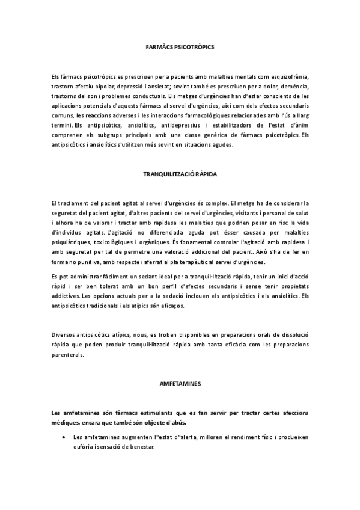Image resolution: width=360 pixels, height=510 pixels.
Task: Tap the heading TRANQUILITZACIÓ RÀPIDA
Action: [180, 173]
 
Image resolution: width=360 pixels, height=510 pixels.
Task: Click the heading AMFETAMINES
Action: [180, 382]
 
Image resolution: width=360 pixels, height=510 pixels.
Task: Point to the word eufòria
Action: [83, 446]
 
